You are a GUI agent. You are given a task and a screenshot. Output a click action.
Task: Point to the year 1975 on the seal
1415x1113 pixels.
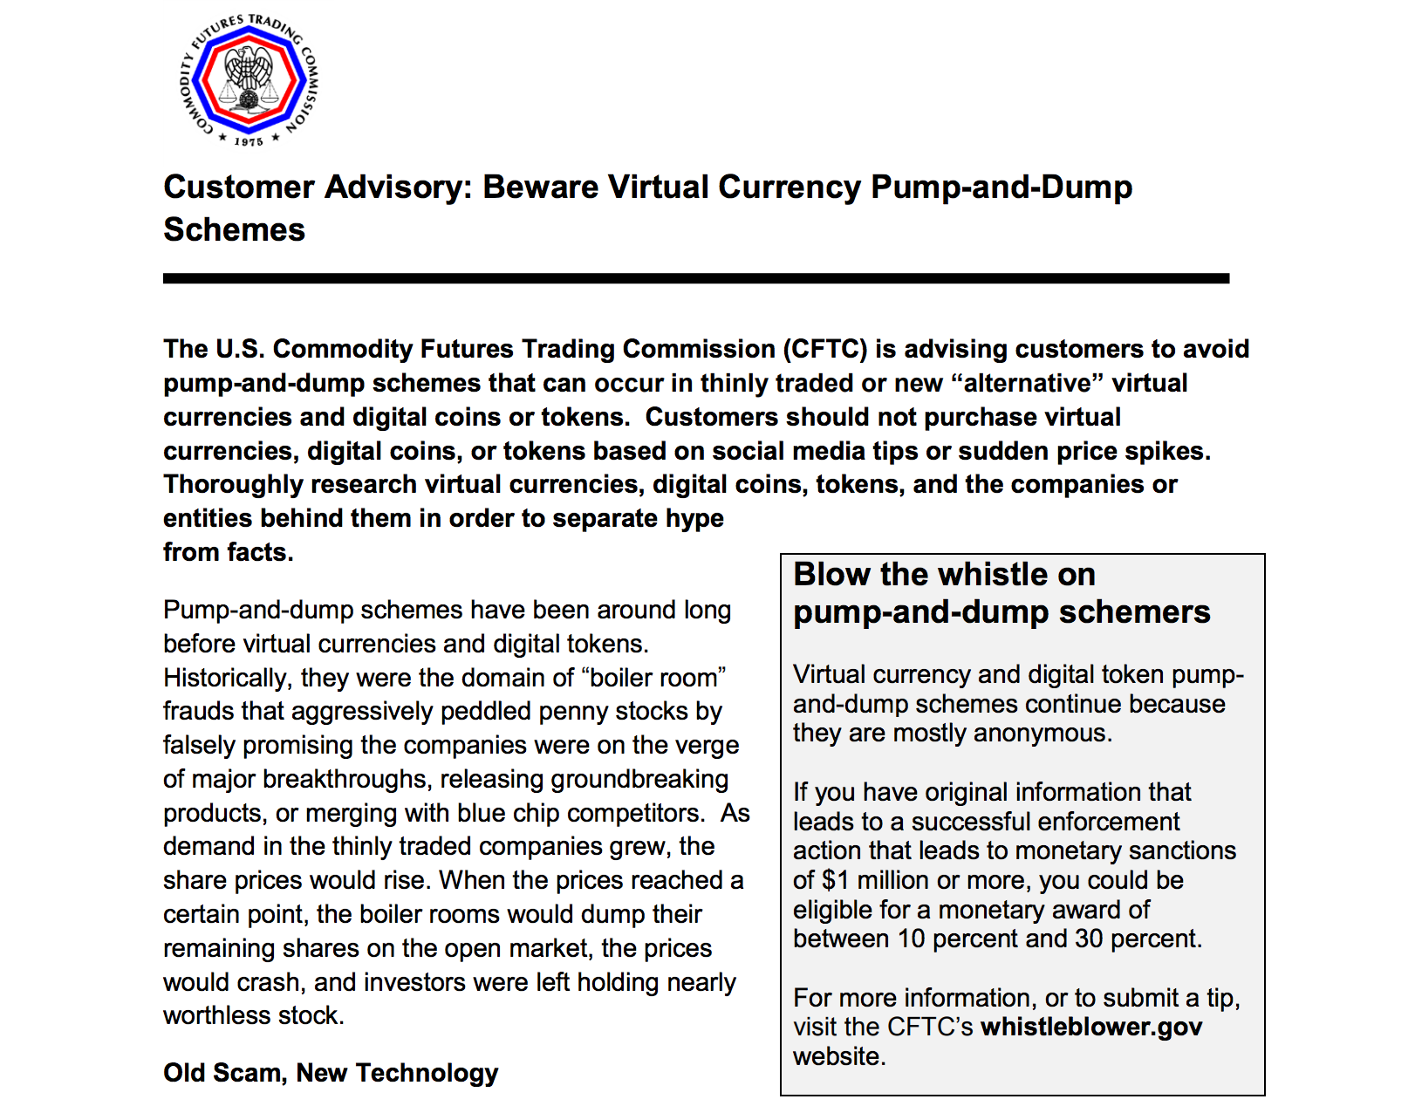coord(249,141)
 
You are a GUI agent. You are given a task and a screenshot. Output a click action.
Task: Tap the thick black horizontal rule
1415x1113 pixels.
coord(695,278)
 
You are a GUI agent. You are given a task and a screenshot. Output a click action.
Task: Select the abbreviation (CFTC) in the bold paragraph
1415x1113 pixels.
coord(824,349)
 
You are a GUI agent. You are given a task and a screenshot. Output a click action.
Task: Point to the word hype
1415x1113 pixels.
coord(694,518)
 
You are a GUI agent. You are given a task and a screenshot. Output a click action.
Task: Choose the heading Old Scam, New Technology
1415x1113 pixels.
coord(331,1073)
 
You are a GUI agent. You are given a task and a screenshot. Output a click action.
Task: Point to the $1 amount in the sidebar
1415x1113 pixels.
coord(833,880)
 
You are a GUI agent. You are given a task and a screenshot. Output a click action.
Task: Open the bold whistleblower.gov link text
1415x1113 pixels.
coord(1090,1027)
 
